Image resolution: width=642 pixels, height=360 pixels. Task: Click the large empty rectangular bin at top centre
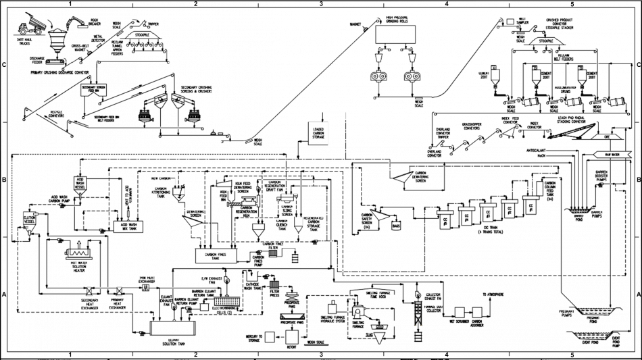pyautogui.click(x=396, y=34)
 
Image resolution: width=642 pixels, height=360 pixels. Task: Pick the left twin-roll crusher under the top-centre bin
pyautogui.click(x=376, y=78)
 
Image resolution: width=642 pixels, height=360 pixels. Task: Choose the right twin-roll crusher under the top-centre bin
pyautogui.click(x=410, y=78)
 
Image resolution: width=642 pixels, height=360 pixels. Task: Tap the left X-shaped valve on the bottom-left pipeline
pyautogui.click(x=87, y=292)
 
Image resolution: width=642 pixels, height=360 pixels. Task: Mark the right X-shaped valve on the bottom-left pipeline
pyautogui.click(x=119, y=292)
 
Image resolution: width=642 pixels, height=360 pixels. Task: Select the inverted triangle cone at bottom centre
pyautogui.click(x=377, y=331)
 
